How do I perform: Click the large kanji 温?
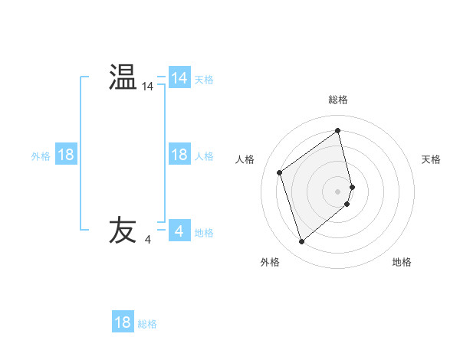pos(123,77)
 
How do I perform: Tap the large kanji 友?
pos(123,231)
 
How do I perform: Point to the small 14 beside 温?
pos(147,87)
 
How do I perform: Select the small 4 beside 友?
pos(147,240)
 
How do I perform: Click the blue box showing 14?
pos(179,78)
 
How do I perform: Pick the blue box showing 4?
pos(179,231)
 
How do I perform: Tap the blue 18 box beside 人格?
pos(179,155)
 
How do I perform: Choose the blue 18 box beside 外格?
pos(66,155)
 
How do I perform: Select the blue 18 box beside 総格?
pos(123,322)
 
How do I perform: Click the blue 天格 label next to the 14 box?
pos(204,80)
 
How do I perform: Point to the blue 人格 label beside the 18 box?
pos(204,156)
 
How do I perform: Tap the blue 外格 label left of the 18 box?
pos(41,156)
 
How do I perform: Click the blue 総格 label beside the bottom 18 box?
pos(147,324)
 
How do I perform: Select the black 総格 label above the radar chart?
pos(338,100)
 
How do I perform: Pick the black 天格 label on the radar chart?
pos(431,159)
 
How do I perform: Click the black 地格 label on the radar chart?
pos(402,262)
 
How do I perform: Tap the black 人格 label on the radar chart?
pos(245,159)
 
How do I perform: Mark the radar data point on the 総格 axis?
pos(338,131)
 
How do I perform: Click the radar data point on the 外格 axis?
pos(302,242)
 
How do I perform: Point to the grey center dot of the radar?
pos(338,191)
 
